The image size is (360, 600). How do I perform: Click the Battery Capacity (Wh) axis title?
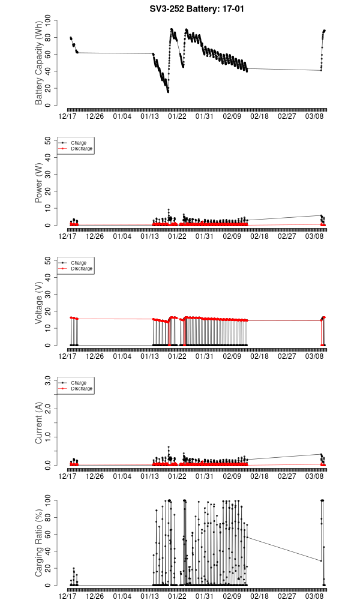[39, 63]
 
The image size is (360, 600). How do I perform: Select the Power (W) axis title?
[39, 183]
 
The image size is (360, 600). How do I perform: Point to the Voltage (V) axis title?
[39, 303]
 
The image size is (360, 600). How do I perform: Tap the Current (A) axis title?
[39, 423]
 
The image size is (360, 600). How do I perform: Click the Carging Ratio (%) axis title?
[39, 543]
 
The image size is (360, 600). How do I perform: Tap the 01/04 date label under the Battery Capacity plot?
[122, 116]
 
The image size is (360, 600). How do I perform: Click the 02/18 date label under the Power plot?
[259, 236]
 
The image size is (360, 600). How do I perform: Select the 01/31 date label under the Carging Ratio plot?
[205, 596]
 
